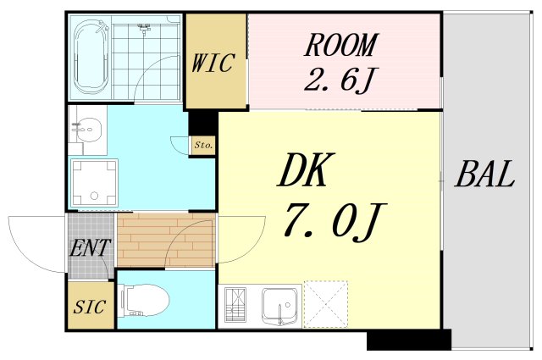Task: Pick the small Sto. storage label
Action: point(203,146)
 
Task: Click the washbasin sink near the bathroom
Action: point(87,131)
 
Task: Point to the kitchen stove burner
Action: point(237,305)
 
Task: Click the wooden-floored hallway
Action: point(165,241)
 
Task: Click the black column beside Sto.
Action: point(203,125)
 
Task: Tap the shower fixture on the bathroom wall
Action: point(143,28)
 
